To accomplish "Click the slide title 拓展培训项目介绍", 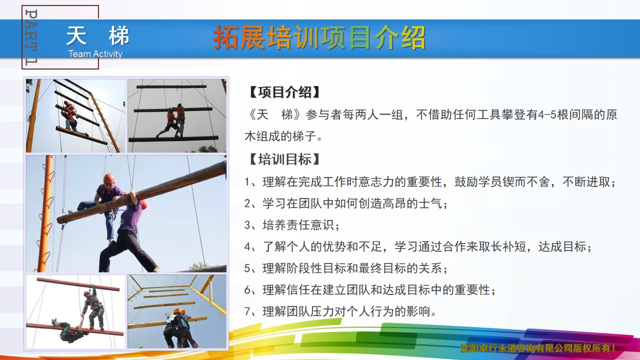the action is (x=319, y=37).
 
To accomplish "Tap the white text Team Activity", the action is (x=95, y=53).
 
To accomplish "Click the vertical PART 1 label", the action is (x=31, y=37).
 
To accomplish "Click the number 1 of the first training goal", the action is (x=247, y=182).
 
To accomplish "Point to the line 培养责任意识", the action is (x=298, y=225).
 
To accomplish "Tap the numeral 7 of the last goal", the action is (x=247, y=311).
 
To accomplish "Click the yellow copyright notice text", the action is (x=537, y=348).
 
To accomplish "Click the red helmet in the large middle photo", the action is (x=109, y=178).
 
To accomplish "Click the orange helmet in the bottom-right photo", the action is (x=176, y=311).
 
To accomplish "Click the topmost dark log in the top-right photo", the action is (x=171, y=86).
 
